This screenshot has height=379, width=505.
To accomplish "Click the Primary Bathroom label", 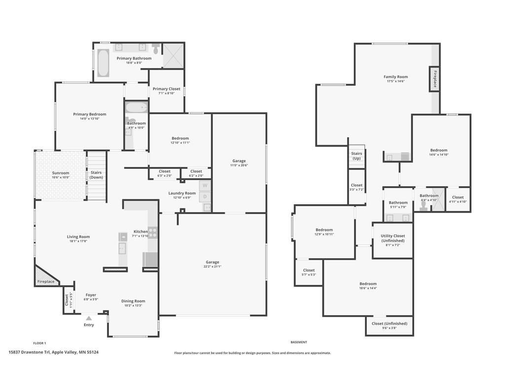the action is [x=134, y=58].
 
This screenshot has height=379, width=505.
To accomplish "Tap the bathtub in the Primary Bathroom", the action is [x=103, y=63].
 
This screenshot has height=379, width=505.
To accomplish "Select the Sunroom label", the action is [x=61, y=173].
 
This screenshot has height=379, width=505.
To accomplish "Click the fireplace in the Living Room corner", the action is [x=45, y=277].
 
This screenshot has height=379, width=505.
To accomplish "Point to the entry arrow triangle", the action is [x=89, y=318].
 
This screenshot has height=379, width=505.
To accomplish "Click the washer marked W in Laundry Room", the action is [x=205, y=186].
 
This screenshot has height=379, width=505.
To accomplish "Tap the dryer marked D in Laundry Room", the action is [x=205, y=196].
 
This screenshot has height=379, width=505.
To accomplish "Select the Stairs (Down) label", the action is [x=96, y=175].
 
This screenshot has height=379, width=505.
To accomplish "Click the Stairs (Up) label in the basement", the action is [x=357, y=156].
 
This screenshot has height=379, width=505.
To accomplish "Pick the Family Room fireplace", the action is [x=434, y=79].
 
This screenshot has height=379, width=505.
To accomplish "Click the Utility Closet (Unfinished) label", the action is [x=393, y=238].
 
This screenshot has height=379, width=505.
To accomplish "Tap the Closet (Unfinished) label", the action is [x=390, y=324].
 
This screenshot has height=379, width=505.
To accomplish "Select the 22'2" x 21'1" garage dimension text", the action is [x=212, y=266].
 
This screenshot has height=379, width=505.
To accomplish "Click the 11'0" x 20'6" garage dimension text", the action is [x=239, y=165].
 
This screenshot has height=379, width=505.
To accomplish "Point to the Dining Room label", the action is [x=133, y=301].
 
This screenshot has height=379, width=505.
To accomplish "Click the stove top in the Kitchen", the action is [x=153, y=233].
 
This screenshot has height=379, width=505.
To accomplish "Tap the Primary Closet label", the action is [x=167, y=89].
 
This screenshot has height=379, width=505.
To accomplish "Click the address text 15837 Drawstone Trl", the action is [x=29, y=352].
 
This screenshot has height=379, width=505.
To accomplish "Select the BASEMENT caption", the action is [x=299, y=342].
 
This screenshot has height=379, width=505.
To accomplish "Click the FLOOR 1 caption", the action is [x=39, y=343].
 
